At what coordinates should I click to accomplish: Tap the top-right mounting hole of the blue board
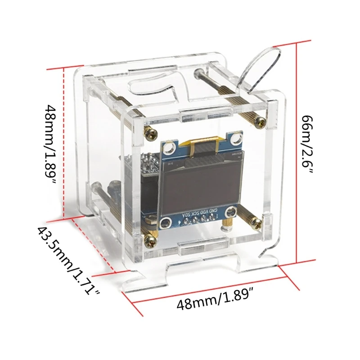pyautogui.click(x=234, y=134)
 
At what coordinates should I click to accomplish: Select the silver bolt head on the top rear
pyautogui.click(x=198, y=72)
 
